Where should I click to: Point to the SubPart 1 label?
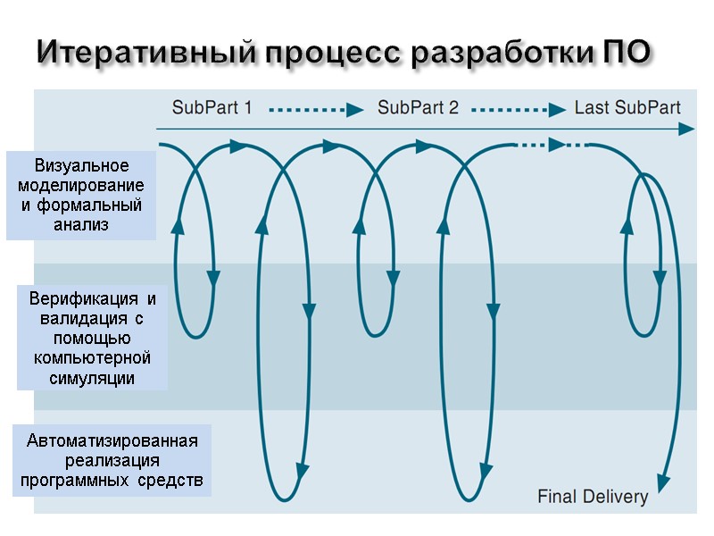(212, 108)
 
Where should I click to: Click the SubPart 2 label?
(418, 108)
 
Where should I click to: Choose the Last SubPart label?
(627, 108)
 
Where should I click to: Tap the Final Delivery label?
(593, 497)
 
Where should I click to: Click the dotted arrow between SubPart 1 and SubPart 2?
(316, 110)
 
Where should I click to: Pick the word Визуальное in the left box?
(81, 166)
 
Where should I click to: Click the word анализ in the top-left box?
(81, 225)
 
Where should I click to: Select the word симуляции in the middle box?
(93, 378)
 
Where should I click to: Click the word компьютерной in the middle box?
(93, 358)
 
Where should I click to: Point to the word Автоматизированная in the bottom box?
(112, 441)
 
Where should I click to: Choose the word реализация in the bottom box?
(112, 461)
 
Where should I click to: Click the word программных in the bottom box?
(77, 481)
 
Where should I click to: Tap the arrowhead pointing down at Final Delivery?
(661, 482)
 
